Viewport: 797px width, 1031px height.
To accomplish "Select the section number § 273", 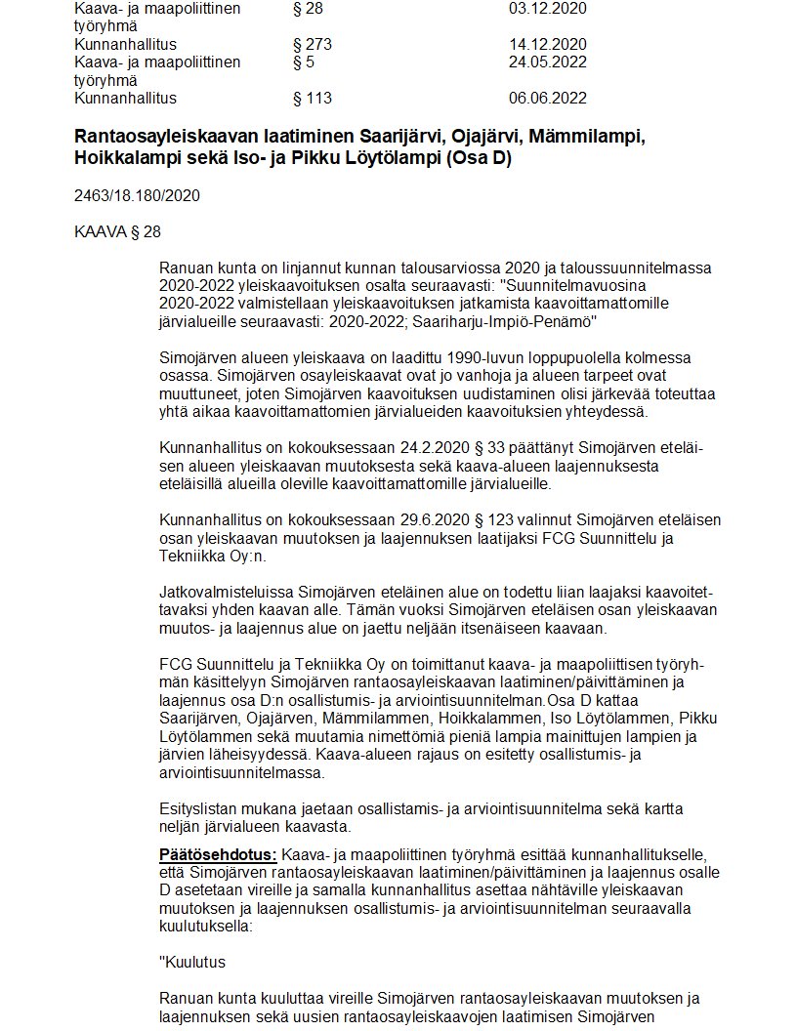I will [313, 45].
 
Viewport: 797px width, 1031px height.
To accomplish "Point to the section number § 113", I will [313, 99].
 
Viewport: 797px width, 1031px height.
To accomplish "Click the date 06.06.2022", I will [547, 99].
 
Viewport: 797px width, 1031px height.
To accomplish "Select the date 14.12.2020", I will [547, 45].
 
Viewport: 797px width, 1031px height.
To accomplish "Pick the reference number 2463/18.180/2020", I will [137, 195].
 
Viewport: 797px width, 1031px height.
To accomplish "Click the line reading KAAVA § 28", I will [117, 231].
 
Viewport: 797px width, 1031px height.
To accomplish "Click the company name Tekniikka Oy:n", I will [211, 557].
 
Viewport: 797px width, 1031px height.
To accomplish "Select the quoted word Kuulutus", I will [196, 962].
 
